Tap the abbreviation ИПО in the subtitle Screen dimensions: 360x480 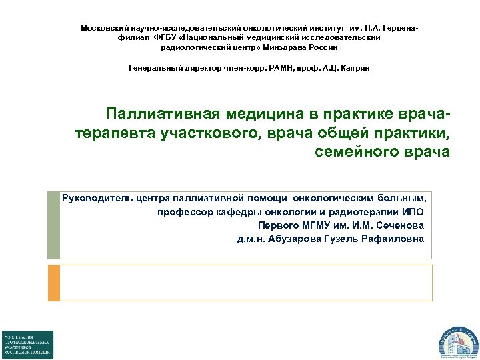tap(415, 212)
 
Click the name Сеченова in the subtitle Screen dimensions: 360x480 tap(398, 225)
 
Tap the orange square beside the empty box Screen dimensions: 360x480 tap(54, 283)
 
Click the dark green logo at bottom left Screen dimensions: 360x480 tap(27, 345)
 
